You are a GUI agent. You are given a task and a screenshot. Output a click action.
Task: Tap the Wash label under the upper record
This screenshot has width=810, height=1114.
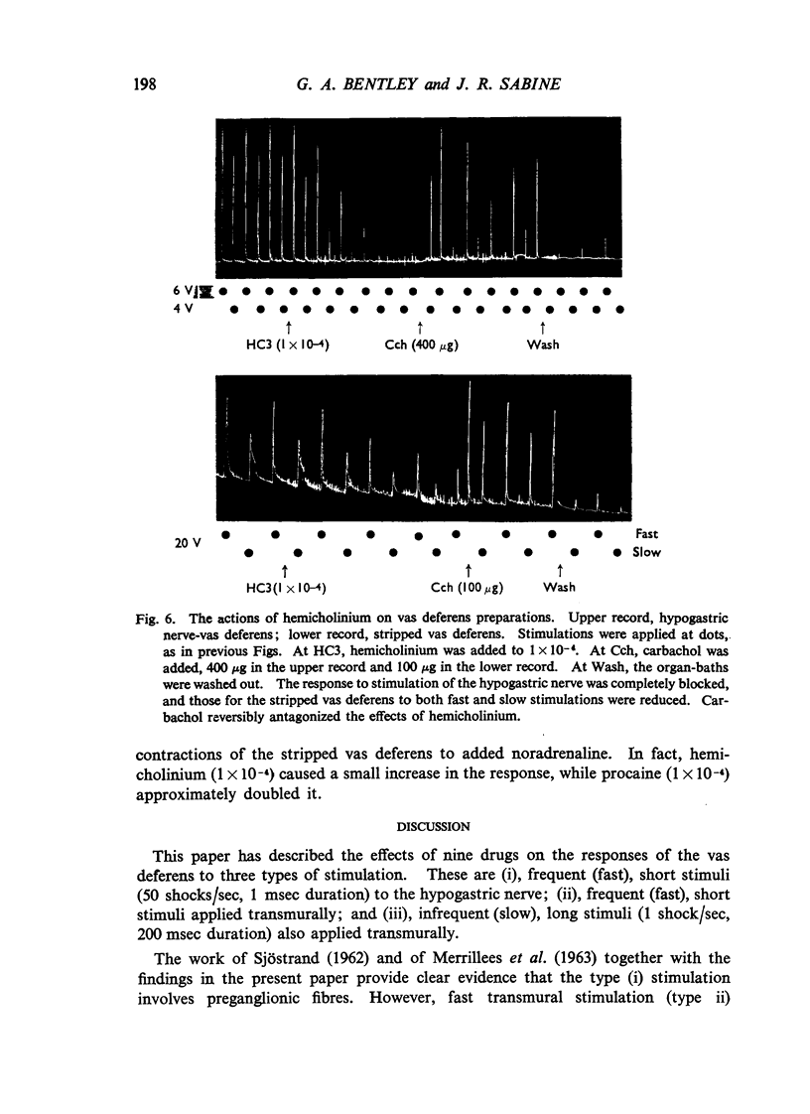[543, 345]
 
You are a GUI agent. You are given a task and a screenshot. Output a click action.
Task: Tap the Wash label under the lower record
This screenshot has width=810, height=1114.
[559, 587]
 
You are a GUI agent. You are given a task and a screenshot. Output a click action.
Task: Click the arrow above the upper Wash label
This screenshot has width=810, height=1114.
[542, 326]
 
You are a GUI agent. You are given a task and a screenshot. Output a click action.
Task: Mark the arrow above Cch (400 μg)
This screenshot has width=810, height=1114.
[421, 326]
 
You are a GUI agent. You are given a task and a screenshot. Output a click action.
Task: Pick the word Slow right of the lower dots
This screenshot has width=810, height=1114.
[646, 552]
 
